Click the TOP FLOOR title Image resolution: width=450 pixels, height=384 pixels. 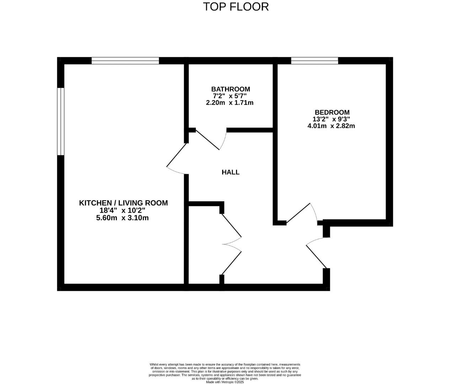point(236,6)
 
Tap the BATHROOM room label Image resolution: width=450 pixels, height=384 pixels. point(230,89)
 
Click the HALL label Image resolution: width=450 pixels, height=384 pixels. point(231,172)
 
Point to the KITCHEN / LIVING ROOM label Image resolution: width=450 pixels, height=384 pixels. point(123,203)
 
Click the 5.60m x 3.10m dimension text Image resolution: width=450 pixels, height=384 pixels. point(122,218)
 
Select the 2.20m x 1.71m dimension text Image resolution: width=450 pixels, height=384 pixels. point(230,103)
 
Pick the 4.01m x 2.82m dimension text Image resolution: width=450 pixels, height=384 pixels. point(331,126)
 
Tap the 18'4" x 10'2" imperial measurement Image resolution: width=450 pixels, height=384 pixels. point(122,210)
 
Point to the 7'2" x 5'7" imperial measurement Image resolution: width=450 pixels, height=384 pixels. point(230,96)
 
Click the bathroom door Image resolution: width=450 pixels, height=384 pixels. point(210,140)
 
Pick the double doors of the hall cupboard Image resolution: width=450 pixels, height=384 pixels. point(231,244)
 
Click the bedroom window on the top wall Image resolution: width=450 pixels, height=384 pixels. point(315,61)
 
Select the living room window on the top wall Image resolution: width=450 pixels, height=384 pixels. point(125,61)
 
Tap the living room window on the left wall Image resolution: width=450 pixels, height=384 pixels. point(61,121)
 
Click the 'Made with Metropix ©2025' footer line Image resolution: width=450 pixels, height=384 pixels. point(225,382)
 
